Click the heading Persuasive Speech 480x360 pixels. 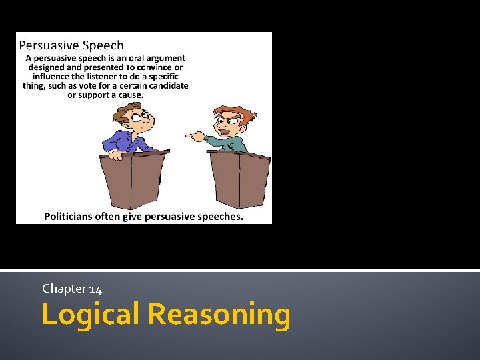tap(71, 45)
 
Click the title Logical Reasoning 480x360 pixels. tap(166, 314)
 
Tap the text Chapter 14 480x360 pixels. tap(72, 289)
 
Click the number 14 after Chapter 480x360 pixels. tap(95, 289)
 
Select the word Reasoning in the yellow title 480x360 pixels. tap(219, 314)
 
